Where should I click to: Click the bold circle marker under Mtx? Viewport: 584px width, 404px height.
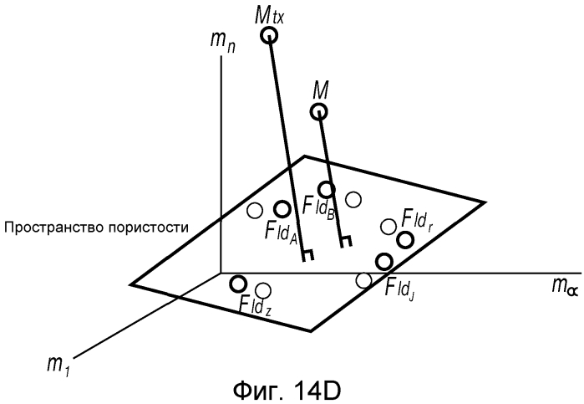[x=268, y=36]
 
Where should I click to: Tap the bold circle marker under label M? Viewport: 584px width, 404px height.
[x=319, y=111]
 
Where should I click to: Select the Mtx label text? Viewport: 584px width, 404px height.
[x=269, y=15]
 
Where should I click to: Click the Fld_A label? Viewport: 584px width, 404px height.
[x=281, y=232]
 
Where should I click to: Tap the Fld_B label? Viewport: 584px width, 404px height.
[x=319, y=207]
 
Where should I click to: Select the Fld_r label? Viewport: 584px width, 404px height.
[x=416, y=221]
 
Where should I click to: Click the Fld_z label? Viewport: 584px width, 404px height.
[x=255, y=308]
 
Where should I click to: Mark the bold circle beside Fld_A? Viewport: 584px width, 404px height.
[x=282, y=209]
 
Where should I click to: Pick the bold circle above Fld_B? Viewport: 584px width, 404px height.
[x=327, y=190]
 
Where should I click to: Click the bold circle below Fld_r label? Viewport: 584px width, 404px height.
[x=405, y=240]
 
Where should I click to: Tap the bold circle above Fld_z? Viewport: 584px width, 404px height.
[x=238, y=284]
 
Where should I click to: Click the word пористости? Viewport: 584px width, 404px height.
[x=149, y=228]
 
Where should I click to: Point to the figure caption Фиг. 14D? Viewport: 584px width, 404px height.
[x=287, y=391]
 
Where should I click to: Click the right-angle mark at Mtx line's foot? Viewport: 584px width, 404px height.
[x=307, y=255]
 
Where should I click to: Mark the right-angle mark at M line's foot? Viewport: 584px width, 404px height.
[x=346, y=242]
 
